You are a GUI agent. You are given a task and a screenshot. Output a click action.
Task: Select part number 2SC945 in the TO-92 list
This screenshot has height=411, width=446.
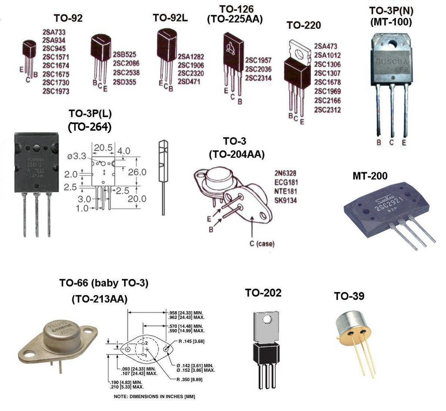pos(54,48)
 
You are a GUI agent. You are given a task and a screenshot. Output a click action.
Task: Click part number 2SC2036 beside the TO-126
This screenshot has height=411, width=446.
pos(258,69)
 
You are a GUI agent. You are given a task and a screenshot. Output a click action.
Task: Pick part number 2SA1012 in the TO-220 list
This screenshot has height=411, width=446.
pos(327,55)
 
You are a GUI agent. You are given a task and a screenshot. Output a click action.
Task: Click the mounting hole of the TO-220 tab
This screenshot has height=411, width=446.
pos(299,54)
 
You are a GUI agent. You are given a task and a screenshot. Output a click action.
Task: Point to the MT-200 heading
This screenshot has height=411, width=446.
pos(370,176)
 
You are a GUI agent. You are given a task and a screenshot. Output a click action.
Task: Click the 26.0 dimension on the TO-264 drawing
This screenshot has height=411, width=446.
pos(137,172)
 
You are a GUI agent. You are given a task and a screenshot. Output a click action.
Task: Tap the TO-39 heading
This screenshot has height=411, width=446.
pos(349,296)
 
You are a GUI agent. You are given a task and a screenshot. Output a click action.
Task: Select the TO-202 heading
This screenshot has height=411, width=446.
pos(263,293)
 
